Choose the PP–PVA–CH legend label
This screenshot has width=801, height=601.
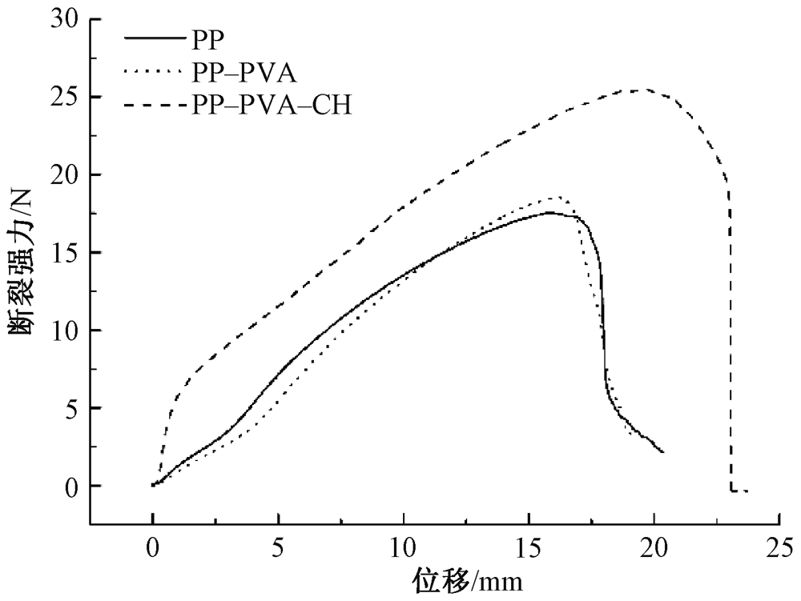pyautogui.click(x=272, y=106)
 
